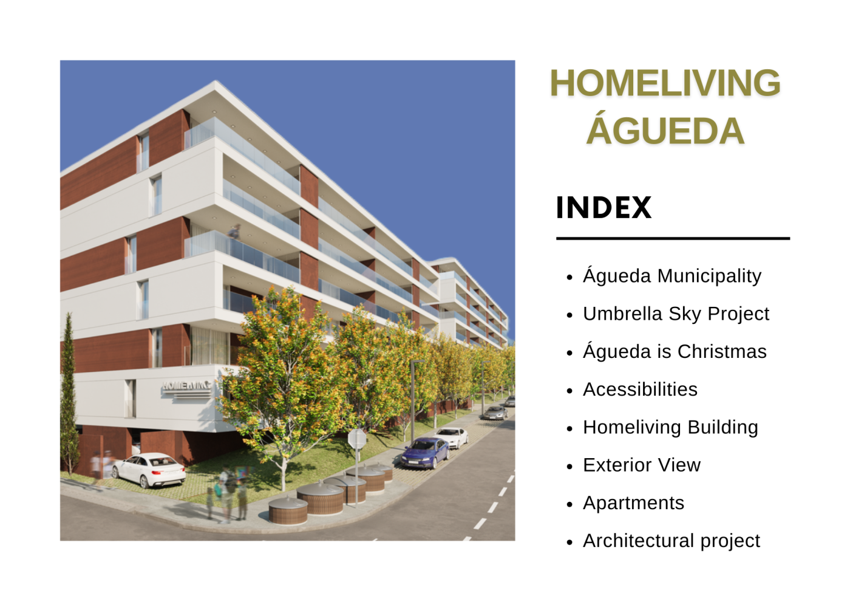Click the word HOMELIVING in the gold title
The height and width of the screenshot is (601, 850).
click(665, 83)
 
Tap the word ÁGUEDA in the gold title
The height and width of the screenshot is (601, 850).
click(665, 129)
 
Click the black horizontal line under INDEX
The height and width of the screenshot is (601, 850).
click(673, 239)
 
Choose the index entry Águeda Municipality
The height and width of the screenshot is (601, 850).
click(672, 275)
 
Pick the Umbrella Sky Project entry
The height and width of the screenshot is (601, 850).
click(676, 314)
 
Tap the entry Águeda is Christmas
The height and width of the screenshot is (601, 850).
click(675, 351)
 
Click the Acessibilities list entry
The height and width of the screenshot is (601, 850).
click(640, 390)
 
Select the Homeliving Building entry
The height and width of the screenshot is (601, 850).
click(670, 427)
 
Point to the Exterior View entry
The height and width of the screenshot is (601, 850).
click(642, 465)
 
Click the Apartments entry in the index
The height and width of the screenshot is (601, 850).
click(633, 503)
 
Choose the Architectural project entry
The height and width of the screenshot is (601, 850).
click(671, 541)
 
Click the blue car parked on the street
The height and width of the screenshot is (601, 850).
click(425, 453)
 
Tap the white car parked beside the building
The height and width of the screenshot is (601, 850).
click(148, 469)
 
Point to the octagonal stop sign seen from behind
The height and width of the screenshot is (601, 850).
click(357, 439)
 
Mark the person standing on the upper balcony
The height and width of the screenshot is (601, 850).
click(234, 232)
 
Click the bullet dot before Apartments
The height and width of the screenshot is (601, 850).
click(569, 505)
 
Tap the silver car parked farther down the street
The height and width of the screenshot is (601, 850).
click(495, 413)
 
